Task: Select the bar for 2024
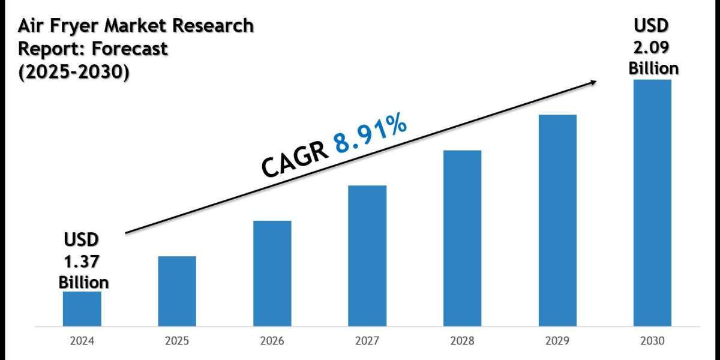point(82,309)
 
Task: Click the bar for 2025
point(177,292)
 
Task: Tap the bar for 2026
point(272,274)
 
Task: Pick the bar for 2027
point(367,256)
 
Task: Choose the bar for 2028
point(462,238)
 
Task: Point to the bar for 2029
point(557,221)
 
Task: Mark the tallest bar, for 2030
point(652,203)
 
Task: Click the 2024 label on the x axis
point(82,342)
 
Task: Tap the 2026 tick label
point(272,342)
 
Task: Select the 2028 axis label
point(462,342)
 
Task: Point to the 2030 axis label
point(652,342)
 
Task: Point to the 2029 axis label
point(557,342)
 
